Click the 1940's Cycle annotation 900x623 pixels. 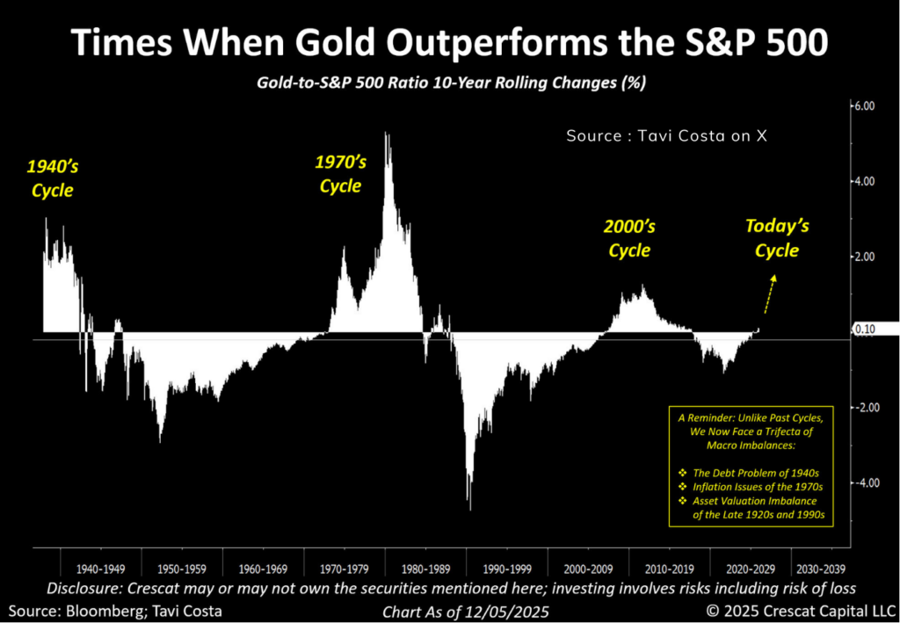[49, 177]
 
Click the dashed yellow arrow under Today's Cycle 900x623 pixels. [769, 293]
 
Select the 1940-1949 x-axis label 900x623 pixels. [99, 568]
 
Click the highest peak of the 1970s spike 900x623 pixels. [387, 134]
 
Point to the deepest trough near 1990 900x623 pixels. [470, 509]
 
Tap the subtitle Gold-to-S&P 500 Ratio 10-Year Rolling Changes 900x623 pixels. [450, 82]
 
